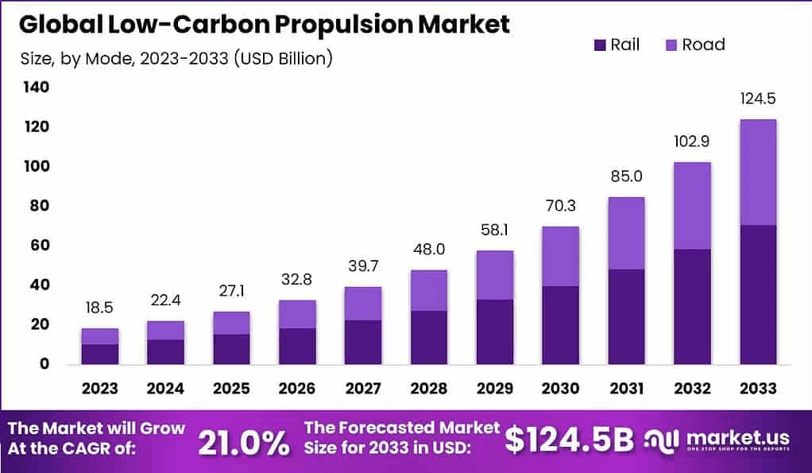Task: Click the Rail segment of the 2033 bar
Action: click(x=757, y=295)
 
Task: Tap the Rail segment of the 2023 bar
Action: click(x=100, y=354)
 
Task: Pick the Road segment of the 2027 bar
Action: click(x=362, y=304)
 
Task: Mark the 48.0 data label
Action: click(x=428, y=249)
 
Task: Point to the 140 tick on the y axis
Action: click(x=36, y=87)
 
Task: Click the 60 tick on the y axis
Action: click(x=40, y=245)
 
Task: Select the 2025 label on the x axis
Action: click(x=231, y=389)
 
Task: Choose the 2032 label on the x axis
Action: click(x=691, y=389)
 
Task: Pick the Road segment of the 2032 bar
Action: click(x=691, y=206)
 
